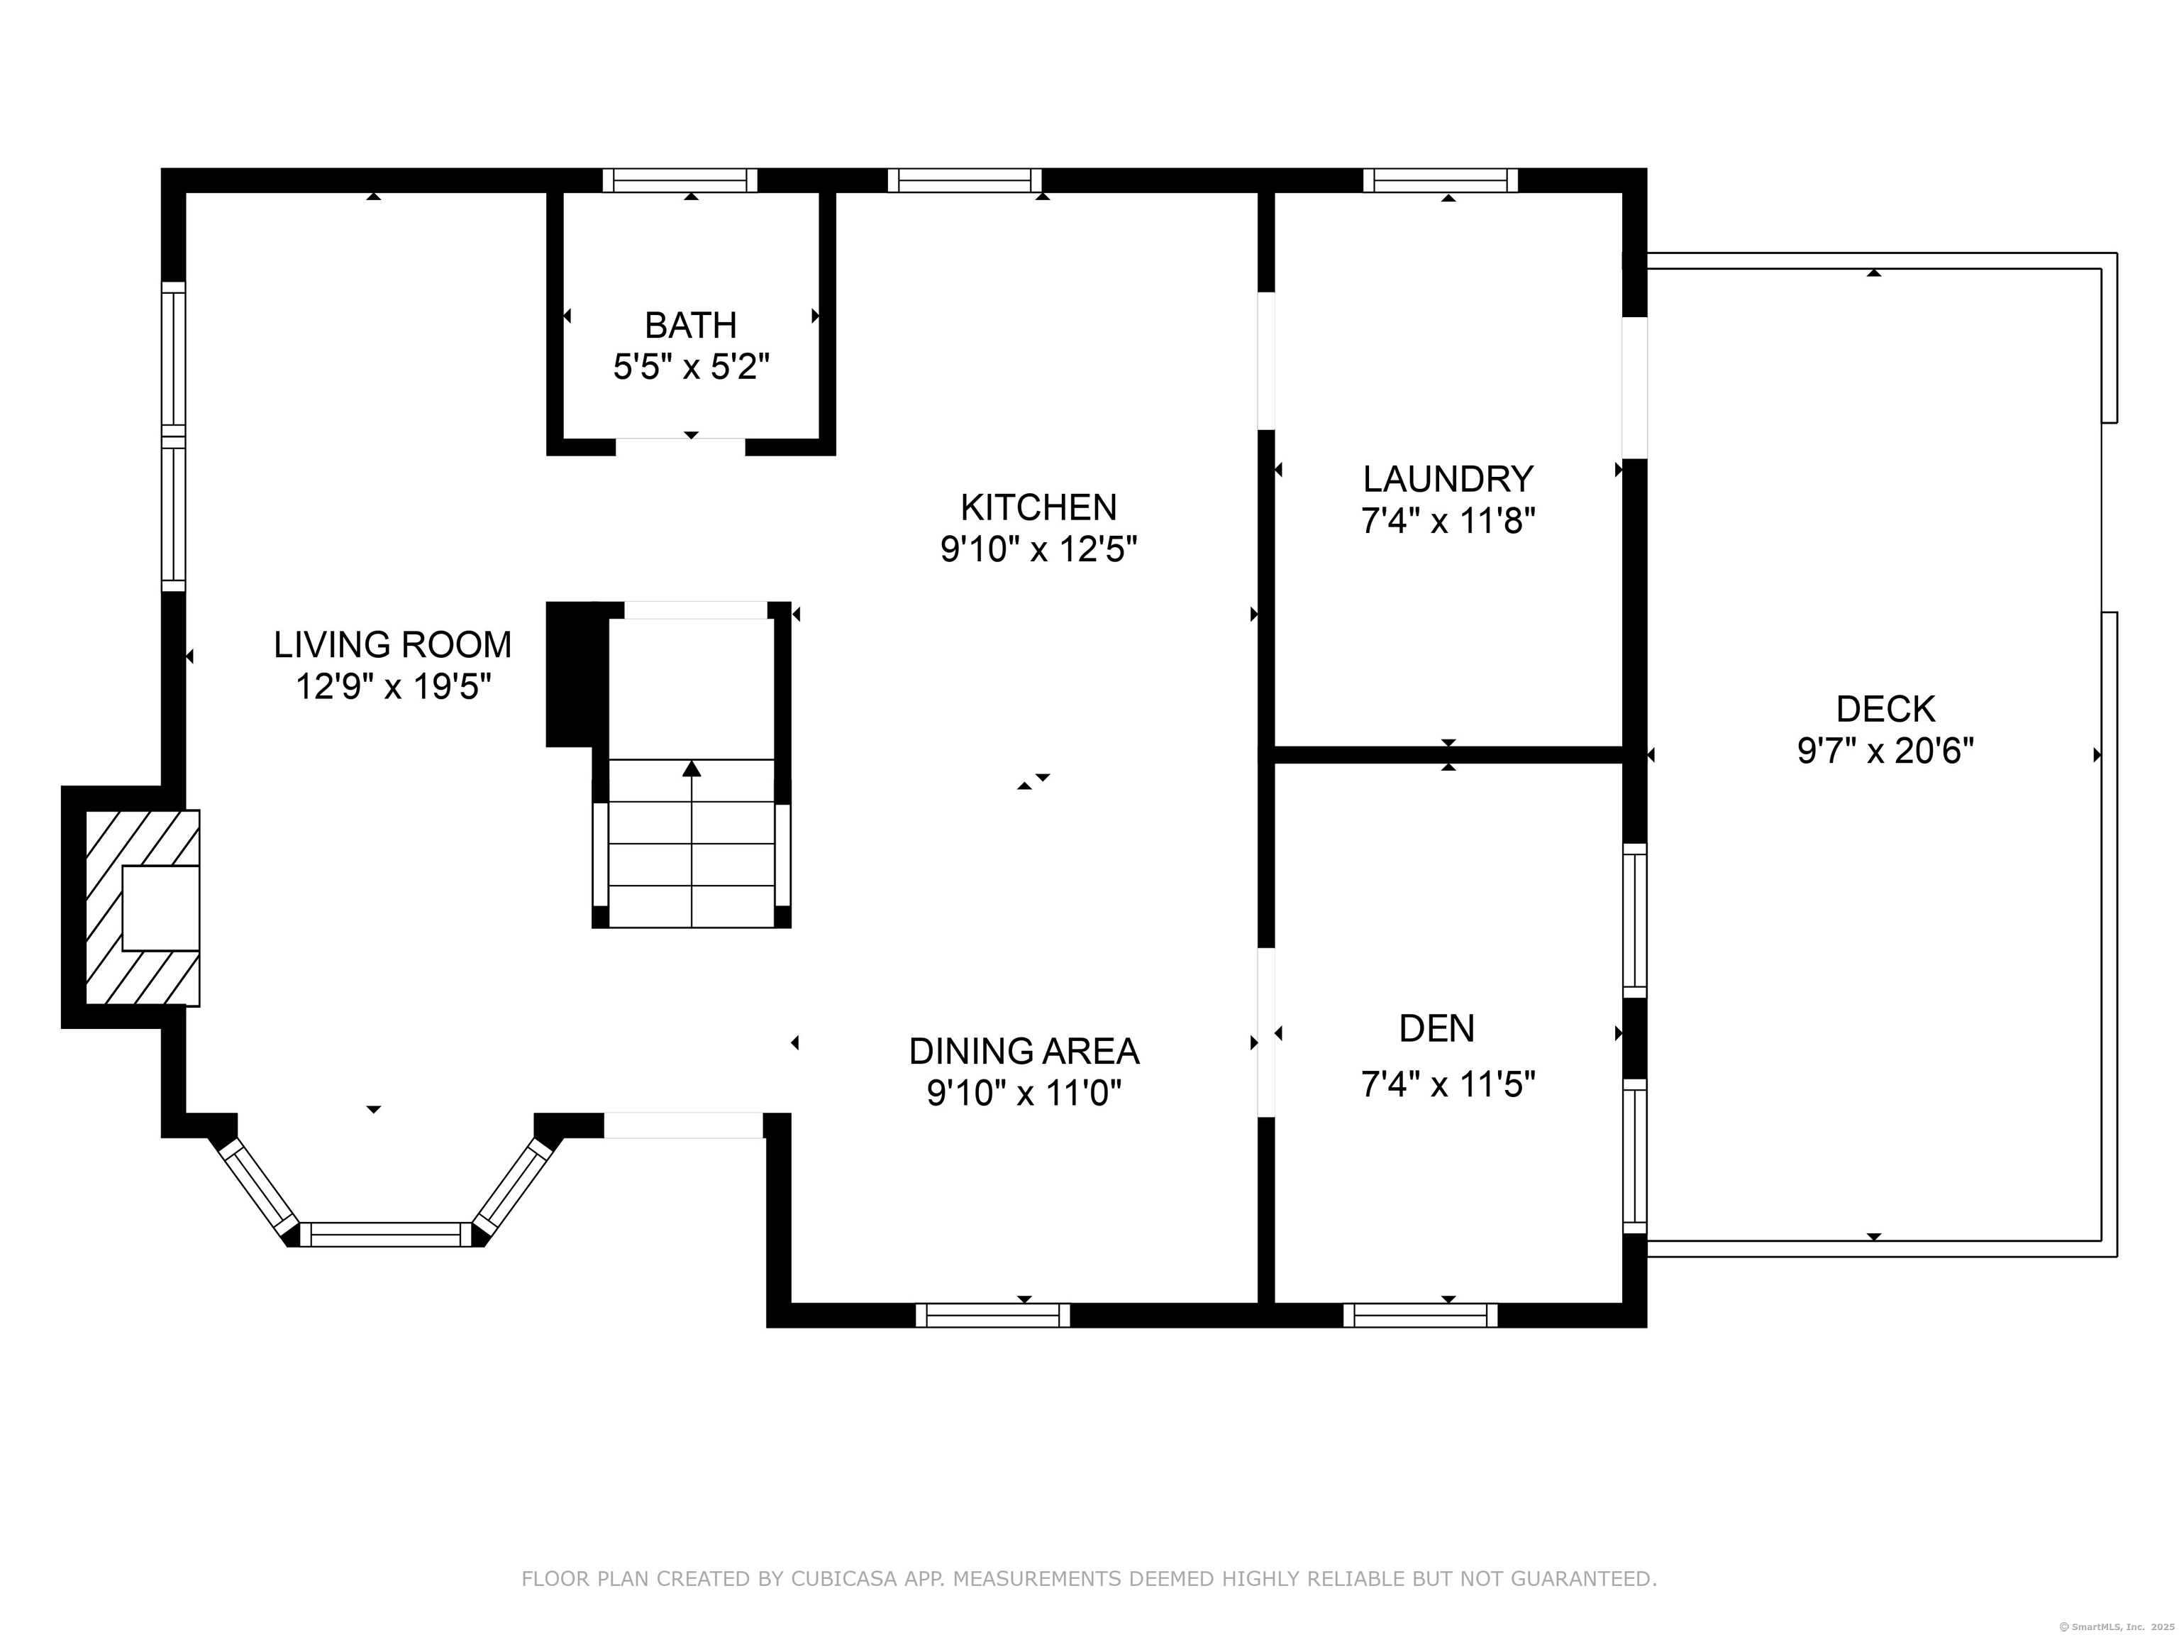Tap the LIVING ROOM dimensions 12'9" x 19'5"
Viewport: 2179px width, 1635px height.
point(393,686)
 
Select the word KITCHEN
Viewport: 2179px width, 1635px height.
point(1038,507)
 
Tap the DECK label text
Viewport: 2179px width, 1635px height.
point(1885,709)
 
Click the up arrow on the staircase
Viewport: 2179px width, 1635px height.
point(692,769)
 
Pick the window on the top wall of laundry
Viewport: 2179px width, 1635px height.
point(1440,180)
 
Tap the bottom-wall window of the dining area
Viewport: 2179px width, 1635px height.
point(992,1315)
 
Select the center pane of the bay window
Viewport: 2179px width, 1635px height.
point(385,1234)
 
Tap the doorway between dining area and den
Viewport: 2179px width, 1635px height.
point(1266,1032)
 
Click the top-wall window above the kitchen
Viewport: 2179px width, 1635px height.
point(965,180)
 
